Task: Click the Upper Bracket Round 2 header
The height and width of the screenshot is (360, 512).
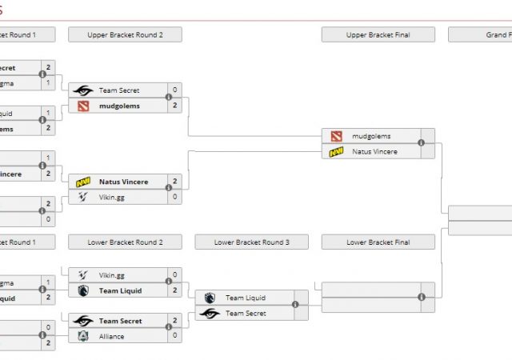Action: [125, 34]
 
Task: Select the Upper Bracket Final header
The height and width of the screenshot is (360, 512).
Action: [378, 34]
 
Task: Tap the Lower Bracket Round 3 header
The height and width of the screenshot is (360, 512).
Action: [251, 242]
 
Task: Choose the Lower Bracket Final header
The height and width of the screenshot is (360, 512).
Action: [378, 242]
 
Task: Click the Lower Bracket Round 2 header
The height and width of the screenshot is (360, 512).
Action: [125, 242]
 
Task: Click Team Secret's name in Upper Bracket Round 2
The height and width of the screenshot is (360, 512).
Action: [119, 90]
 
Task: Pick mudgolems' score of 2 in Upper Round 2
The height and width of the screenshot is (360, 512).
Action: [174, 106]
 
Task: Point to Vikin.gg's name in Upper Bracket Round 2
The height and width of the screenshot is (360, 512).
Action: [112, 197]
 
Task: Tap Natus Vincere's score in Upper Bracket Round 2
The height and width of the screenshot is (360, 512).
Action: [174, 182]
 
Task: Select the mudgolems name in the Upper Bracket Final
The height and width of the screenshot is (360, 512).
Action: [371, 136]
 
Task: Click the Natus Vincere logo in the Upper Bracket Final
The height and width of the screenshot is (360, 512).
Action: [336, 151]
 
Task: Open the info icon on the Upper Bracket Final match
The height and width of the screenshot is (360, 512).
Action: [421, 143]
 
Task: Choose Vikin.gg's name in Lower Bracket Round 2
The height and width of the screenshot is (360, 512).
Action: [112, 275]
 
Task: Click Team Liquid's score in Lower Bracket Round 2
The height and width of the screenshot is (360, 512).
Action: [174, 290]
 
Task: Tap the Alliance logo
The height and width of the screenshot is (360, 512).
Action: [83, 336]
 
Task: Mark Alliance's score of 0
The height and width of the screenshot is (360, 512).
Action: [174, 336]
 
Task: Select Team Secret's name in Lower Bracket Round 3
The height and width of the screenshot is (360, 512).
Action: [246, 314]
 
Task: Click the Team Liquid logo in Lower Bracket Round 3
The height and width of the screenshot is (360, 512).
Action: [210, 298]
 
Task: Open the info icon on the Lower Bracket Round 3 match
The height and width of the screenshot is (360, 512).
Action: [294, 305]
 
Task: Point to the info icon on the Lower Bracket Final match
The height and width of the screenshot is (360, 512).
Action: [421, 297]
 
